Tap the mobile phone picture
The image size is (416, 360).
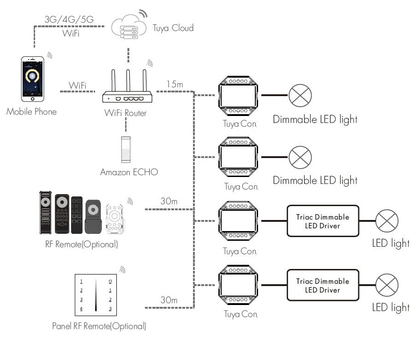33,79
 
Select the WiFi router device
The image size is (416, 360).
127,92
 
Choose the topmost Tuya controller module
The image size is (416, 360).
238,96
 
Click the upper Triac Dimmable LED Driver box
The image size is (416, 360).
323,221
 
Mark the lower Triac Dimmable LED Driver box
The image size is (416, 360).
323,286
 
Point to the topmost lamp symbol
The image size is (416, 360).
301,96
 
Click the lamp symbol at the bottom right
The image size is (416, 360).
387,286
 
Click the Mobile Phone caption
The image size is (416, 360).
31,111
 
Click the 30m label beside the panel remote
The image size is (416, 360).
169,300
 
